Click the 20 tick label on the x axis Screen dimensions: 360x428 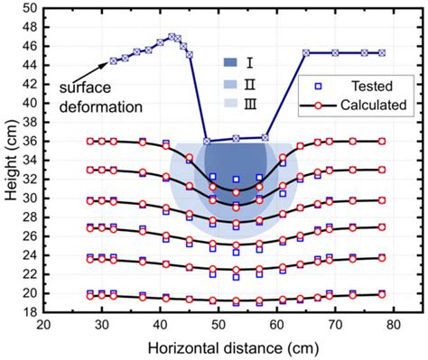coord(42,325)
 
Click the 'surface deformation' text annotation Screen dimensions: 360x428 coord(102,98)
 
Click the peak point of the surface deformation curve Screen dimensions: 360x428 coord(172,37)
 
